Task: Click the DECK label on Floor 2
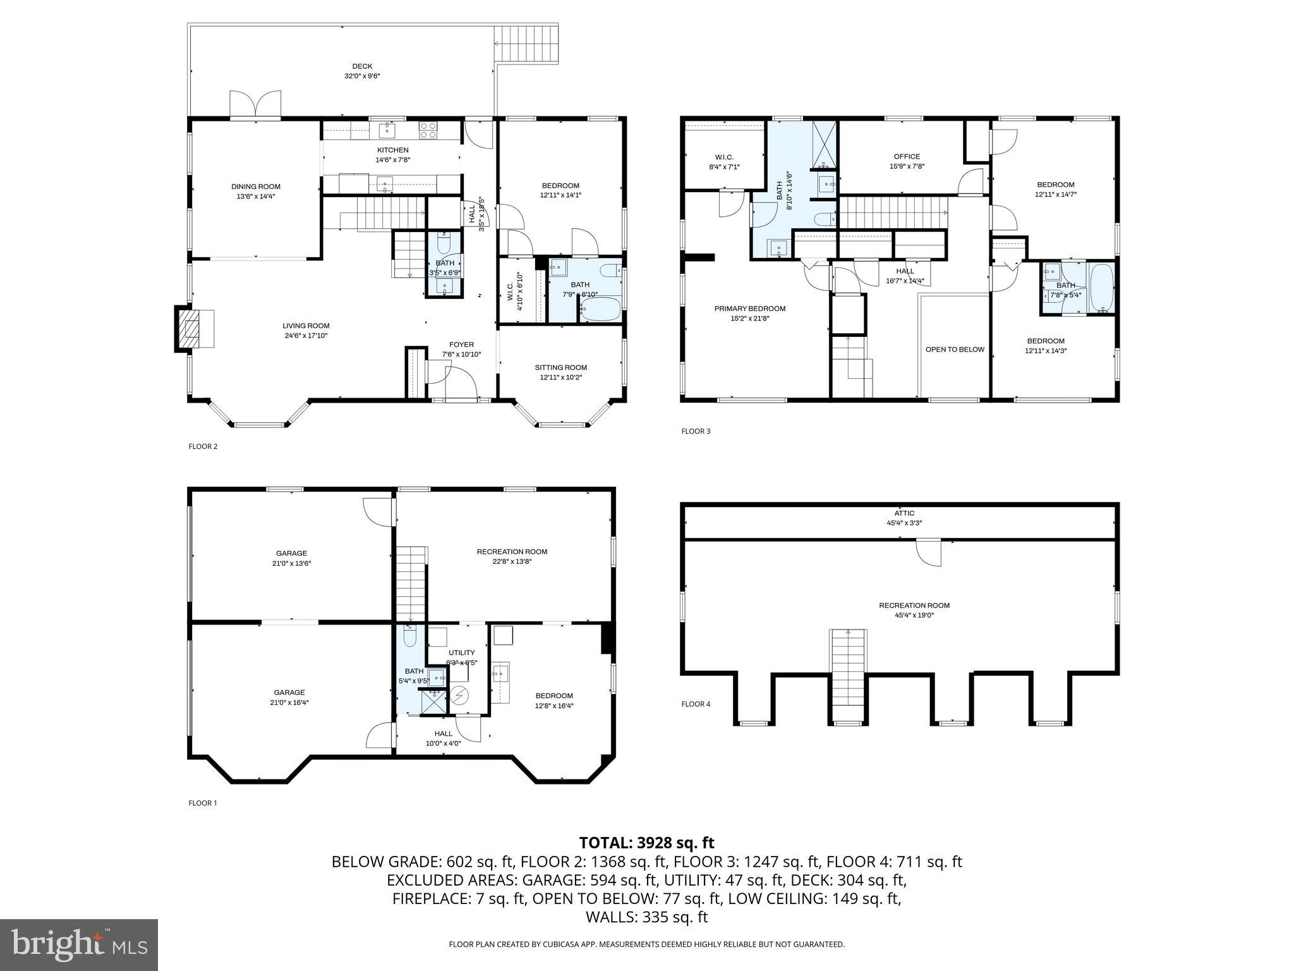[x=362, y=66]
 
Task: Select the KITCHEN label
[x=392, y=150]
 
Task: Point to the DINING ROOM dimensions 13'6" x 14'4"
[x=255, y=197]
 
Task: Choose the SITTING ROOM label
[x=560, y=367]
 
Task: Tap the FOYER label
[x=461, y=345]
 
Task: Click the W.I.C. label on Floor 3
[x=724, y=157]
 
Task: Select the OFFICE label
[x=907, y=157]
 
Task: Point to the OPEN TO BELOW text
[x=954, y=350]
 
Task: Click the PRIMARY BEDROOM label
[x=749, y=308]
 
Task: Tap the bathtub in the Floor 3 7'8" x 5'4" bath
[x=1101, y=288]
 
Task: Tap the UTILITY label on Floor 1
[x=461, y=652]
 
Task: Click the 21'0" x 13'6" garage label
[x=291, y=563]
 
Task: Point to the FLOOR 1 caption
[x=203, y=803]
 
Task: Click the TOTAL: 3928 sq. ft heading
[x=646, y=843]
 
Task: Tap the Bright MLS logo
[x=79, y=944]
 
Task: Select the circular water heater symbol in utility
[x=459, y=695]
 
